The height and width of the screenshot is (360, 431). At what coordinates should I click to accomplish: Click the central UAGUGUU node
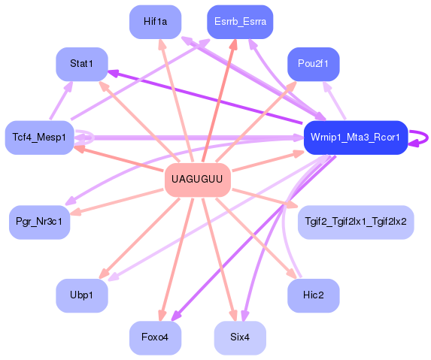click(x=197, y=179)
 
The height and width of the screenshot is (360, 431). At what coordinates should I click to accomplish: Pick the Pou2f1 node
click(x=314, y=63)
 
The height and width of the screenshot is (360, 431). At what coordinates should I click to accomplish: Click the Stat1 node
click(x=81, y=64)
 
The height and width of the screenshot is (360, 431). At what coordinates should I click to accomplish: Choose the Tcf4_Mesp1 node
click(x=39, y=137)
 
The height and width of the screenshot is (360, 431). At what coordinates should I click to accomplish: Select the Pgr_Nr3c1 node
click(x=39, y=222)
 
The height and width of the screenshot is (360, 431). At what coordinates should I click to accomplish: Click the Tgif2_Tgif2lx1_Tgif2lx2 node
click(x=356, y=222)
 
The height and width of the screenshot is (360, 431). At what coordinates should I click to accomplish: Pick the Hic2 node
click(x=313, y=295)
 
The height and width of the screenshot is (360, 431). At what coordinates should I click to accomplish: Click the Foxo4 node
click(x=155, y=337)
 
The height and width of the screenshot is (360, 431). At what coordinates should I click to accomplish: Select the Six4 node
click(x=240, y=337)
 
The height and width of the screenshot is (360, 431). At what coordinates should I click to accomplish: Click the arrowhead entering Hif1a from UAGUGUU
click(x=162, y=43)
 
